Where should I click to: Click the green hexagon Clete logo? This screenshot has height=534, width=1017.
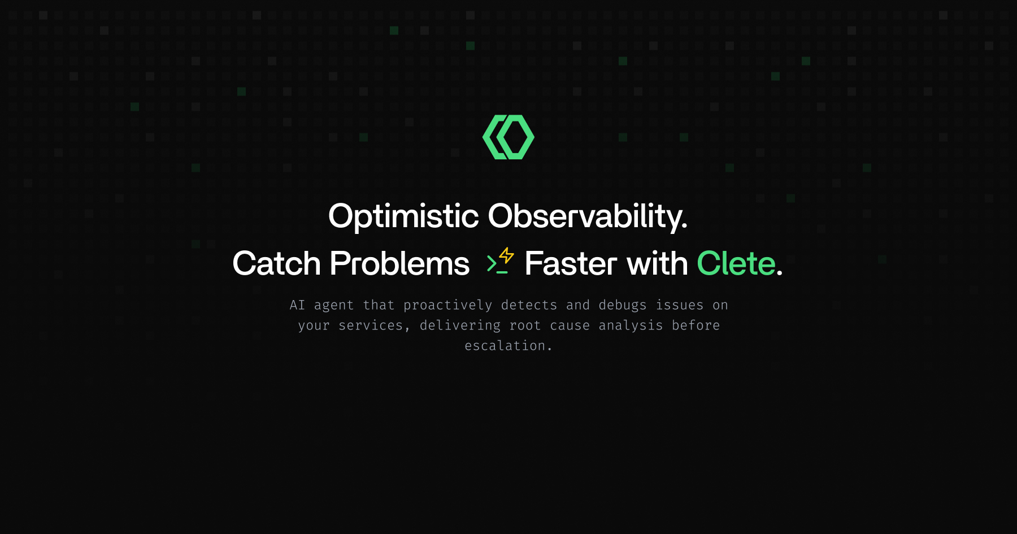click(508, 137)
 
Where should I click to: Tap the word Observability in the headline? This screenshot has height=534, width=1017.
click(587, 216)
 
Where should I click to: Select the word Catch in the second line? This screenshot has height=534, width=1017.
click(276, 264)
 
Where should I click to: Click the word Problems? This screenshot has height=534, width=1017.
click(399, 264)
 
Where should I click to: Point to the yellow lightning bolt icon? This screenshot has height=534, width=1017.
click(507, 255)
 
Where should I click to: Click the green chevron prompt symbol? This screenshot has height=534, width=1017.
click(492, 263)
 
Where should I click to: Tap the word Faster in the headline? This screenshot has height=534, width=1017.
click(571, 264)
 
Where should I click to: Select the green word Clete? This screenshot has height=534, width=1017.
click(736, 264)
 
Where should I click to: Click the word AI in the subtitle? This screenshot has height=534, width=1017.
click(297, 305)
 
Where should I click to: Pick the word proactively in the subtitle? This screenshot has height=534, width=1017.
click(447, 305)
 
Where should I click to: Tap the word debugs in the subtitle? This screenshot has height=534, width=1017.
click(622, 305)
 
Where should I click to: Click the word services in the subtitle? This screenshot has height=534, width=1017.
click(371, 325)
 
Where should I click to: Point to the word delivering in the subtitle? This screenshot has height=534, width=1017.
click(460, 325)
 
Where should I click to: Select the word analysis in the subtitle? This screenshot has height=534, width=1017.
click(631, 325)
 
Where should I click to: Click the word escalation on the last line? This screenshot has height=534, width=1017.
click(505, 346)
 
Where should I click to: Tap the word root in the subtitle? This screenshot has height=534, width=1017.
click(525, 325)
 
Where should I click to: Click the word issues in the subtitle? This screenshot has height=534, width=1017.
click(679, 305)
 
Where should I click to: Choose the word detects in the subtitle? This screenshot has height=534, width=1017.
click(529, 305)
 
